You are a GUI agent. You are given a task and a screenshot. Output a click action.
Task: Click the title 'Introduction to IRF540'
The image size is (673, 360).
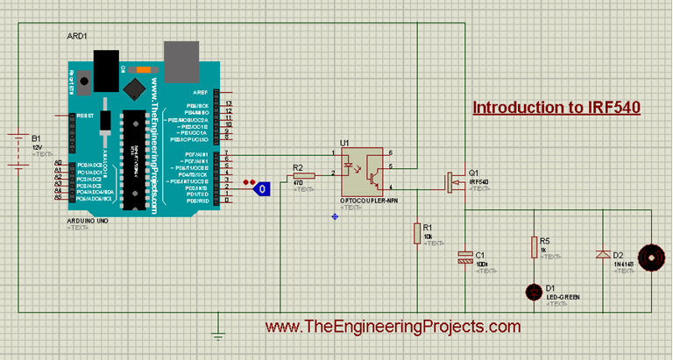(x=556, y=108)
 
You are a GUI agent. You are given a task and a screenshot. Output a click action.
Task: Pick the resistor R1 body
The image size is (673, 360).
(x=417, y=232)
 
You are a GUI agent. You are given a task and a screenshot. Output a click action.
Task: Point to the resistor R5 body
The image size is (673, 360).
(x=533, y=248)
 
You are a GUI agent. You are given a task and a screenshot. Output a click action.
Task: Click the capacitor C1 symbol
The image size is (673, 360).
(x=464, y=258)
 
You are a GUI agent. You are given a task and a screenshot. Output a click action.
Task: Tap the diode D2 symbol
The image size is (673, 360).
(x=602, y=254)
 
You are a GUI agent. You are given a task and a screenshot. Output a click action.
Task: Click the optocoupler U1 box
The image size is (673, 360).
(x=361, y=171)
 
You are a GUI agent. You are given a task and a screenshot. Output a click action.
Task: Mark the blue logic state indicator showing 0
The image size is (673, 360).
(x=262, y=187)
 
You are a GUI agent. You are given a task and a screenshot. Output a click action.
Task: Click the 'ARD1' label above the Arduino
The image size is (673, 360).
(x=77, y=37)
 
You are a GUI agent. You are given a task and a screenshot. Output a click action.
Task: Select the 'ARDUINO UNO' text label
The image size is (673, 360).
(x=88, y=222)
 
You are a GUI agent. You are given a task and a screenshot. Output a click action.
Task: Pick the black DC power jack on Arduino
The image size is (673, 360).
(x=105, y=67)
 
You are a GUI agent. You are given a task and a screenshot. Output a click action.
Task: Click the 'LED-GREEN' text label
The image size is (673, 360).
(x=561, y=297)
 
